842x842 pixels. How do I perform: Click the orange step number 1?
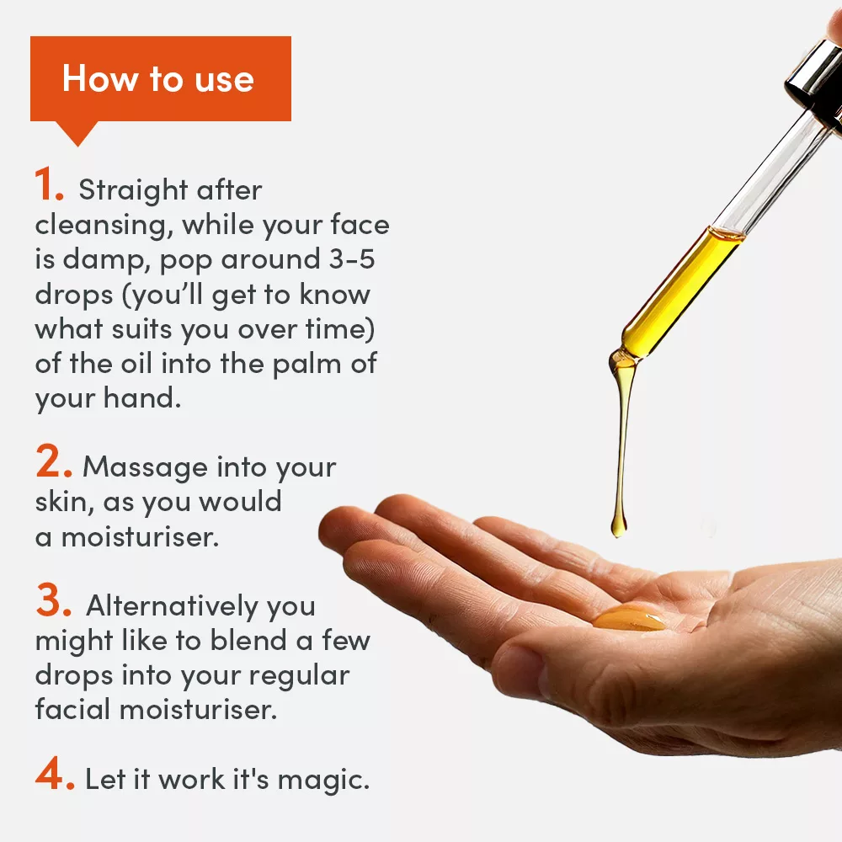click(x=49, y=186)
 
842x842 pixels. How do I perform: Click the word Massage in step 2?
click(x=144, y=466)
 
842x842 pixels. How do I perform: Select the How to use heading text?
click(x=157, y=78)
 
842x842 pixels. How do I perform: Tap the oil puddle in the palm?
click(x=629, y=620)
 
